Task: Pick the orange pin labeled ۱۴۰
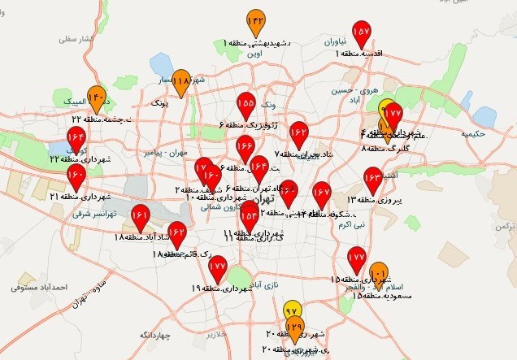(x=97, y=98)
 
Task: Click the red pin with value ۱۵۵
(x=246, y=105)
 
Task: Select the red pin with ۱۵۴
(x=249, y=212)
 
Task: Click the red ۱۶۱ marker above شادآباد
(x=140, y=217)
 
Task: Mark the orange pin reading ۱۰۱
(x=378, y=274)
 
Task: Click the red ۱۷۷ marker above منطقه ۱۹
(x=217, y=267)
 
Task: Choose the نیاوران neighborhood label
(x=337, y=41)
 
